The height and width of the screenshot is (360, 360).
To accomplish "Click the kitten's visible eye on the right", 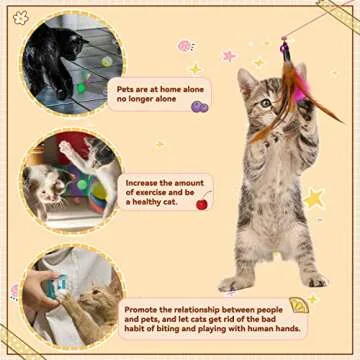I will click(x=266, y=103).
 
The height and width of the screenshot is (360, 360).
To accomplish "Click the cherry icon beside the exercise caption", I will click(x=202, y=204).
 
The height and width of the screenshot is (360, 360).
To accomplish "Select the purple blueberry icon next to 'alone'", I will click(x=199, y=106).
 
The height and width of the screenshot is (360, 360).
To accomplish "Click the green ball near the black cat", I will click(x=81, y=88).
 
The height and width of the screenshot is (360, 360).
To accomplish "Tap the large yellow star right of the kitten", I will click(x=315, y=198).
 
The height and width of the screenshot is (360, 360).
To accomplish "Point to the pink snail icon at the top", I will click(x=185, y=46).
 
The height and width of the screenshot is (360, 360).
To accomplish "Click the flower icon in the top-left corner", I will click(x=20, y=18).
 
